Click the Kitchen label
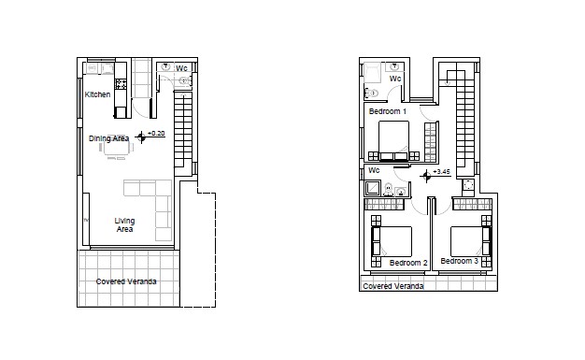point(97,94)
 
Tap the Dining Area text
point(108,138)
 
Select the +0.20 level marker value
point(157,135)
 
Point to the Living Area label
point(124,224)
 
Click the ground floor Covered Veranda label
point(126,281)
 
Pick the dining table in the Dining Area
point(117,145)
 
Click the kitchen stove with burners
point(121,84)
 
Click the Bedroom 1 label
point(387,111)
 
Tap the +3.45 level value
point(442,172)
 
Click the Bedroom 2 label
point(407,263)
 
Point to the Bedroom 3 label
point(459,261)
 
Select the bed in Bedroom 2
point(392,241)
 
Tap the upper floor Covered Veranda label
point(392,286)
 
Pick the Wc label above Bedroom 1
point(394,79)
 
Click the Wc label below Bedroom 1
point(373,171)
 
